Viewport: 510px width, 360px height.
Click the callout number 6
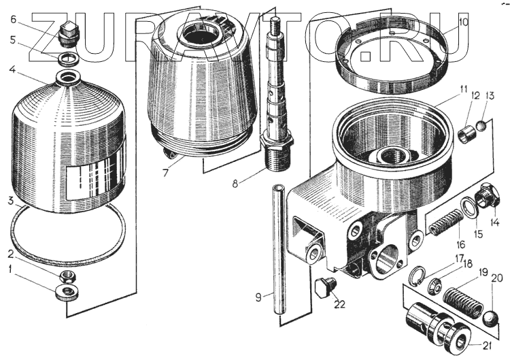[12, 19]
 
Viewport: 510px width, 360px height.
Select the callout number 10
[463, 22]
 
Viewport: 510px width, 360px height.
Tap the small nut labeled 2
[67, 276]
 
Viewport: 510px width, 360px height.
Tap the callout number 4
[12, 69]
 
